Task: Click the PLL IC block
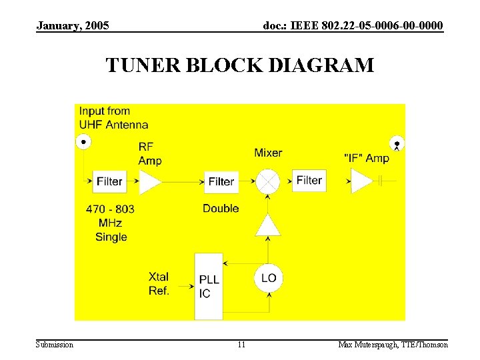(209, 285)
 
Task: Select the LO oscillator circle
(268, 278)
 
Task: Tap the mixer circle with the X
(268, 181)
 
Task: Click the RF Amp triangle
(149, 181)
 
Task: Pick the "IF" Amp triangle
(362, 181)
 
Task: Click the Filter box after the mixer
(309, 180)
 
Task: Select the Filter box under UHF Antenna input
(109, 181)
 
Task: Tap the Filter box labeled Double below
(221, 181)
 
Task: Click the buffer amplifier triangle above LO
(268, 225)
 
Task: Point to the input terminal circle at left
(84, 141)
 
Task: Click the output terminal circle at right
(397, 142)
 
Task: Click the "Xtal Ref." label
(159, 283)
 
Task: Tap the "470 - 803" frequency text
(110, 209)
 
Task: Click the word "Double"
(221, 209)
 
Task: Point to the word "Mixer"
(268, 153)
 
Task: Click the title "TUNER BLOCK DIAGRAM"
(240, 65)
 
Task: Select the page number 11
(241, 345)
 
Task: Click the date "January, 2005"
(73, 26)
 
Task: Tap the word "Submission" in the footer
(55, 345)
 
